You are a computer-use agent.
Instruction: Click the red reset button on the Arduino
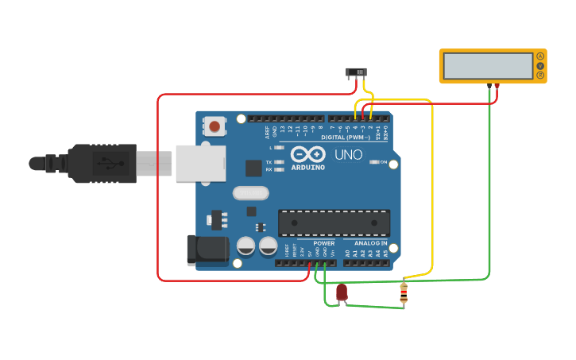215,126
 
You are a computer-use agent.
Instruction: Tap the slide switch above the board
357,73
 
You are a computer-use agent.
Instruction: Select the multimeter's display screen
488,66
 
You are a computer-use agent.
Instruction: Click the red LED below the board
342,292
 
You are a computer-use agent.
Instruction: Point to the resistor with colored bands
404,293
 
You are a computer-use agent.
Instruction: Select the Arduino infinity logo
307,154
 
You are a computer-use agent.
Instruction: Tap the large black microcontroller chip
334,223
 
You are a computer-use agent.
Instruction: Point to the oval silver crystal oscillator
251,192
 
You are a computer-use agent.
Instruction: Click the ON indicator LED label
384,162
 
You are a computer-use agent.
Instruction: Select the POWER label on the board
324,243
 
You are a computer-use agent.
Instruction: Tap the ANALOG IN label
371,243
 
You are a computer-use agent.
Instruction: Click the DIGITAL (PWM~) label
345,137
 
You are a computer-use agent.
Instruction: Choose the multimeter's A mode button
540,56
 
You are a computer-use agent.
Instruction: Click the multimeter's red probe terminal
497,85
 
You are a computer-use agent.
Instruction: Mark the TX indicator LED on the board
277,162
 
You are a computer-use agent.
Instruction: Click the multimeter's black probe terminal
489,85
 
